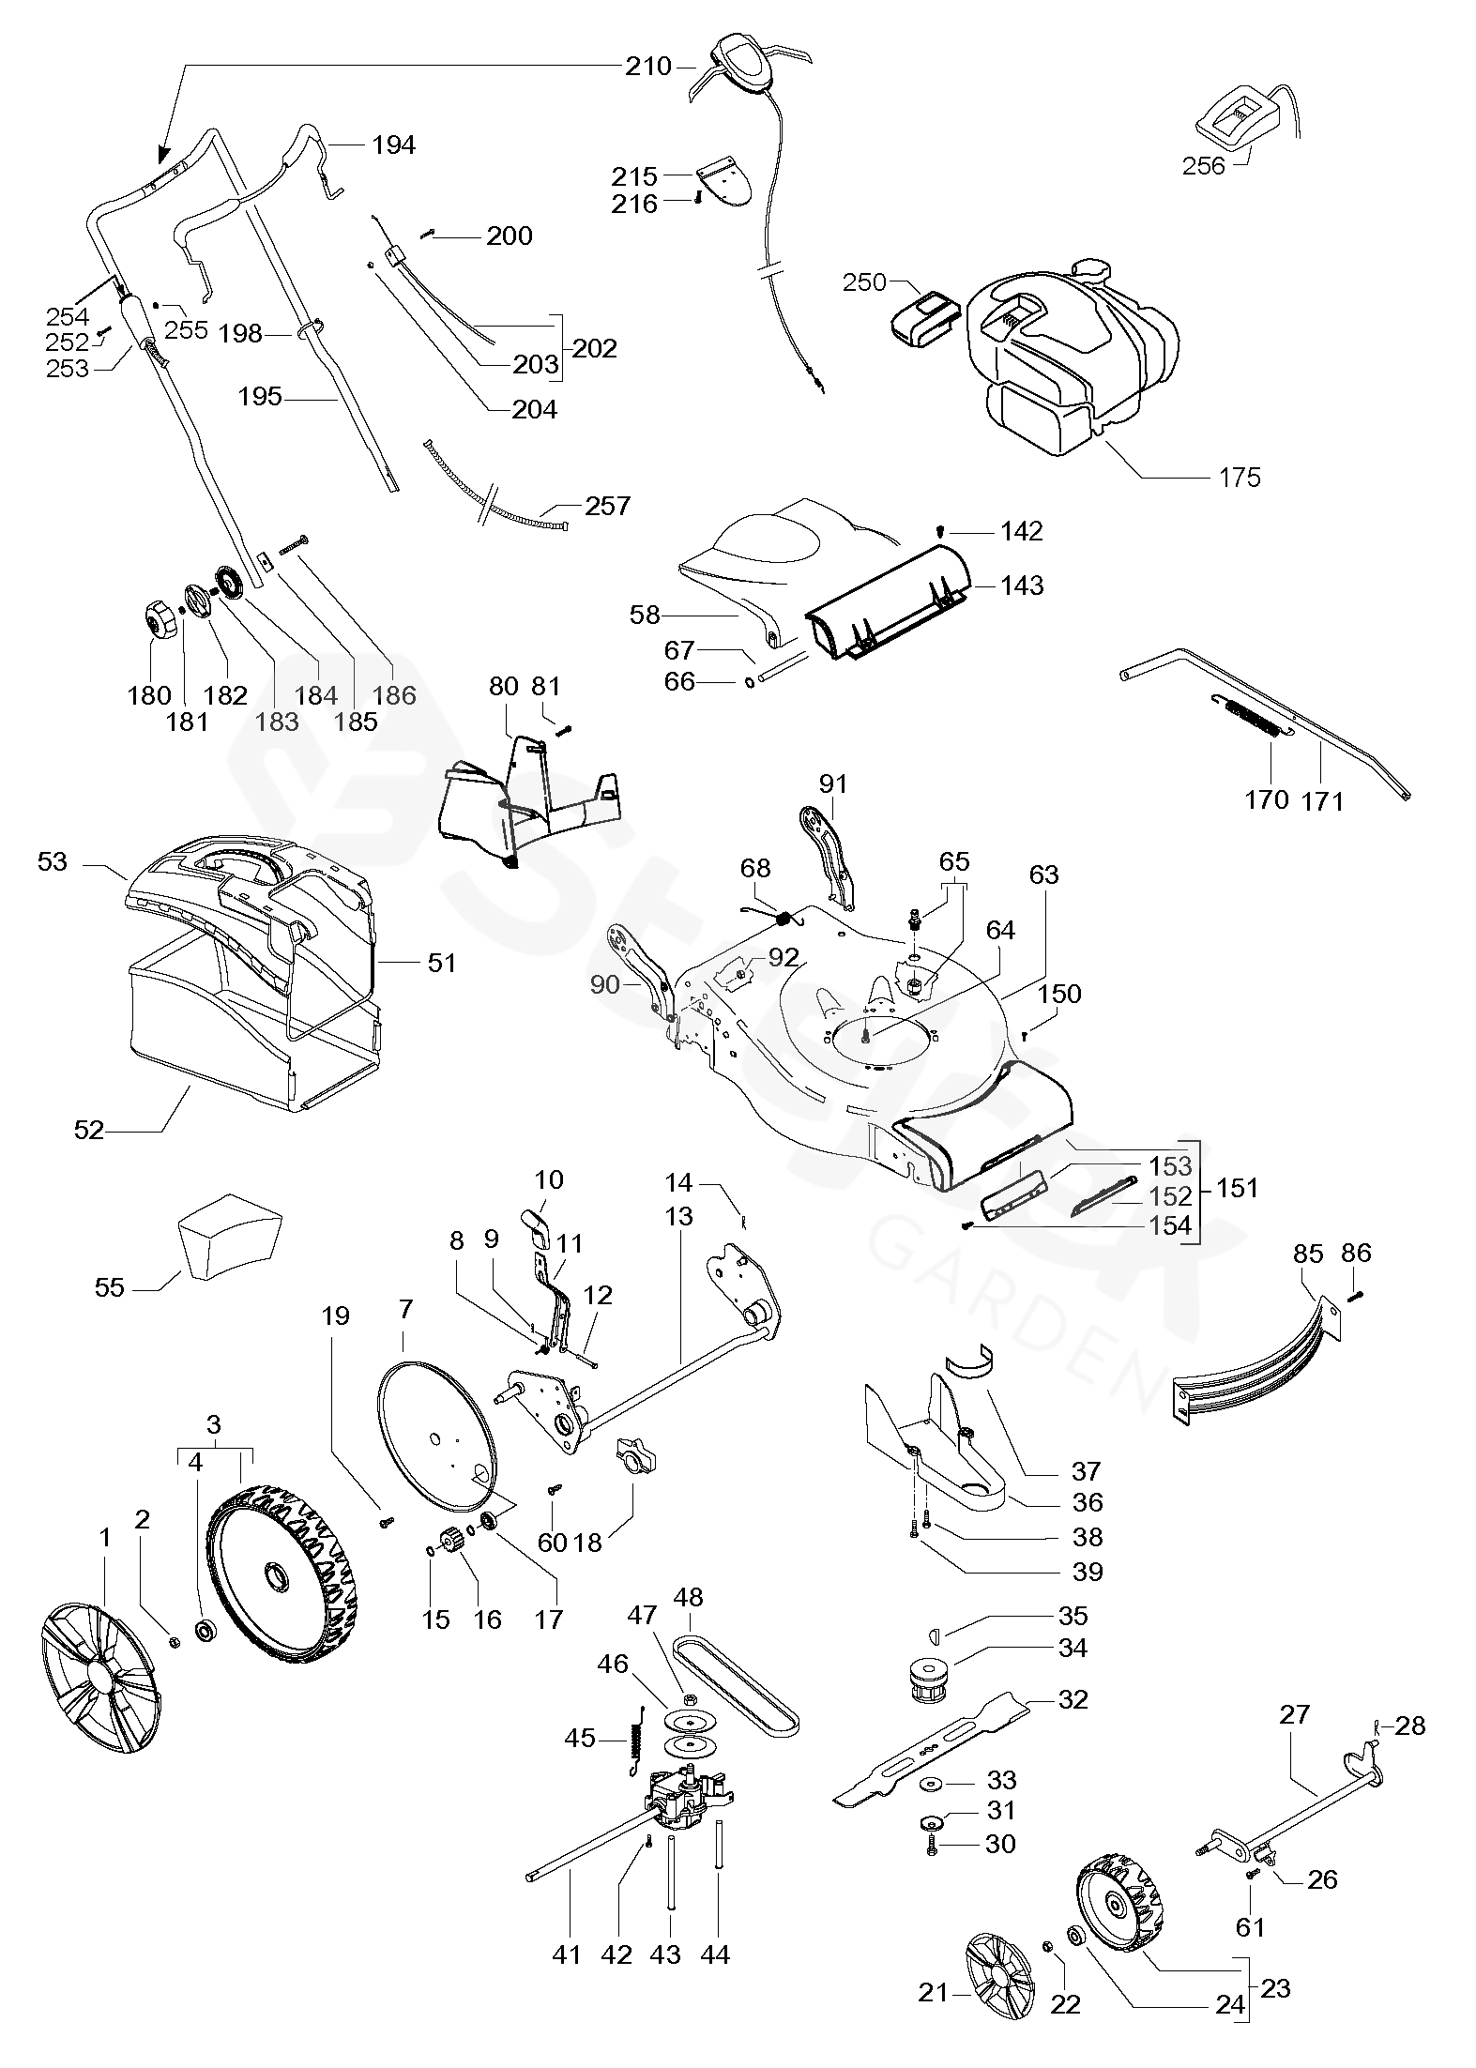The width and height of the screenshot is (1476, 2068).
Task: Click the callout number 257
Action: pos(607,506)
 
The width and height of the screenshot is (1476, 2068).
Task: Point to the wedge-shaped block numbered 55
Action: pos(229,1239)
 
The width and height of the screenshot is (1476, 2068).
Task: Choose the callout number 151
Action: pos(1237,1187)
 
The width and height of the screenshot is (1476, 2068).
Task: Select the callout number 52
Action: pos(89,1130)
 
